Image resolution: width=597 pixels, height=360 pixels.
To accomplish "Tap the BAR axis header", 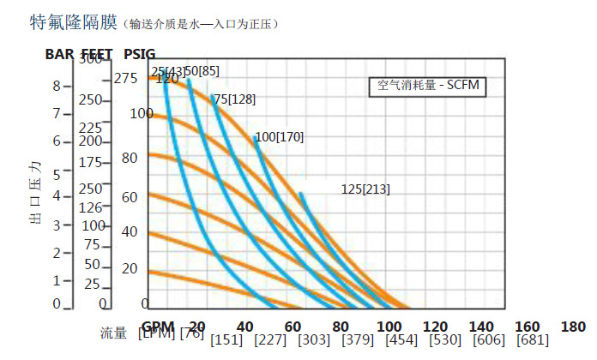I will [x=61, y=53].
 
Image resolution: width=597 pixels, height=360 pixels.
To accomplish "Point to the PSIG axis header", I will [x=139, y=53].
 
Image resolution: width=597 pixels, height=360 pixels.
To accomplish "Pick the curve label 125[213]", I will [x=365, y=189].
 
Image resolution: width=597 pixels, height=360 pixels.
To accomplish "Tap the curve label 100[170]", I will [x=280, y=136].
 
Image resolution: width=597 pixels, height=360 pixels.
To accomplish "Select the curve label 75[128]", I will [x=233, y=99].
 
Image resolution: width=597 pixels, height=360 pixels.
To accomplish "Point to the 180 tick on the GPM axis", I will [x=572, y=327].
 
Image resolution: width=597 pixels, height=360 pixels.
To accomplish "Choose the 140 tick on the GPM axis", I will [x=482, y=327].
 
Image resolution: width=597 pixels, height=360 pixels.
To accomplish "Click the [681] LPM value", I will [x=533, y=339].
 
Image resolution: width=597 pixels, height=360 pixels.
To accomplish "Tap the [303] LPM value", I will [x=313, y=339].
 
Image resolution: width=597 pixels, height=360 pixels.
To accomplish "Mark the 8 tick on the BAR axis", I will [x=57, y=86].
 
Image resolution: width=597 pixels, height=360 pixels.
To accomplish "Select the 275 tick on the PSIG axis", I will [x=125, y=79].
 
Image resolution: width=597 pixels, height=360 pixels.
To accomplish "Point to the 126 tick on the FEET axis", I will [x=91, y=207].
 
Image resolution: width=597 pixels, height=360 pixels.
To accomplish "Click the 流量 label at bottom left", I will [x=113, y=333].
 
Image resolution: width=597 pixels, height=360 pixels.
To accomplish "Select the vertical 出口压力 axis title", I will [x=35, y=191].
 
